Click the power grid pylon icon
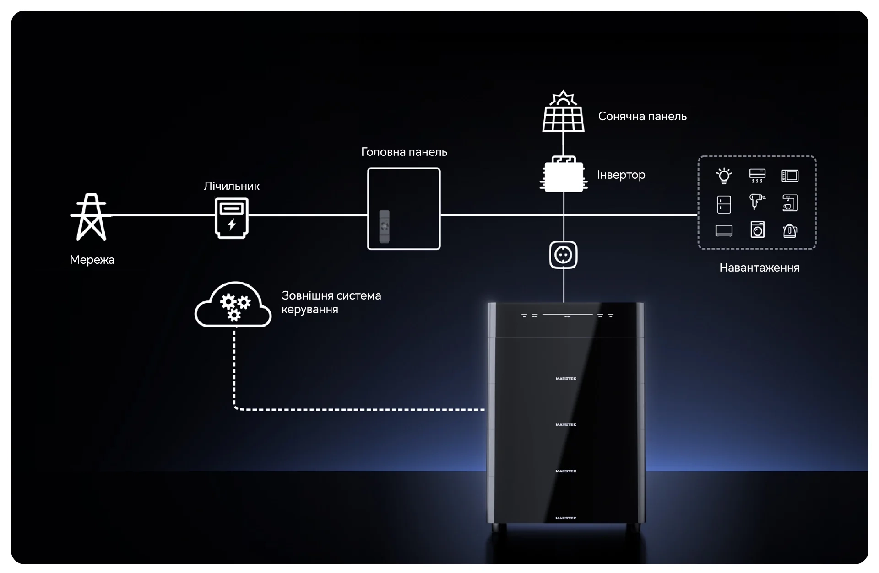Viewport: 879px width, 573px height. [91, 217]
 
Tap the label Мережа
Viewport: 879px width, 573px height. [92, 260]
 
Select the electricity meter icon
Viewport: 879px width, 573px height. [232, 218]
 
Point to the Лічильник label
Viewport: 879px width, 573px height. [232, 186]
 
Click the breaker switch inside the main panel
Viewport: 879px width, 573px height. [385, 226]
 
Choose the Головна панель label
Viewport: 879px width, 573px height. [404, 152]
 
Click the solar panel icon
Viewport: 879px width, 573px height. [564, 111]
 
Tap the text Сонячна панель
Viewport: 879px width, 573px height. [642, 116]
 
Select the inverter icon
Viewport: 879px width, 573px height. [564, 174]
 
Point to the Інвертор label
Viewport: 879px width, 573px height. [621, 175]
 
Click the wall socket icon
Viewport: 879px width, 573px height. [564, 255]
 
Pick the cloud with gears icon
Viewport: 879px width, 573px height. [233, 304]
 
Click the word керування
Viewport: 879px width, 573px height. [310, 310]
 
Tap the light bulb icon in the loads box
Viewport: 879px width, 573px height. [724, 176]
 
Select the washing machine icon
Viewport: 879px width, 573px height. [757, 230]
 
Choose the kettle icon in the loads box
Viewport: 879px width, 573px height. [790, 230]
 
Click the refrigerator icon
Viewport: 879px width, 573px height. [724, 204]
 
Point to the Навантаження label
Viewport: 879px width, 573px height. [759, 268]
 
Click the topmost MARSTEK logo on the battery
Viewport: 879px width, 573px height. [566, 379]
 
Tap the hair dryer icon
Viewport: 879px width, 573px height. [757, 201]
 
